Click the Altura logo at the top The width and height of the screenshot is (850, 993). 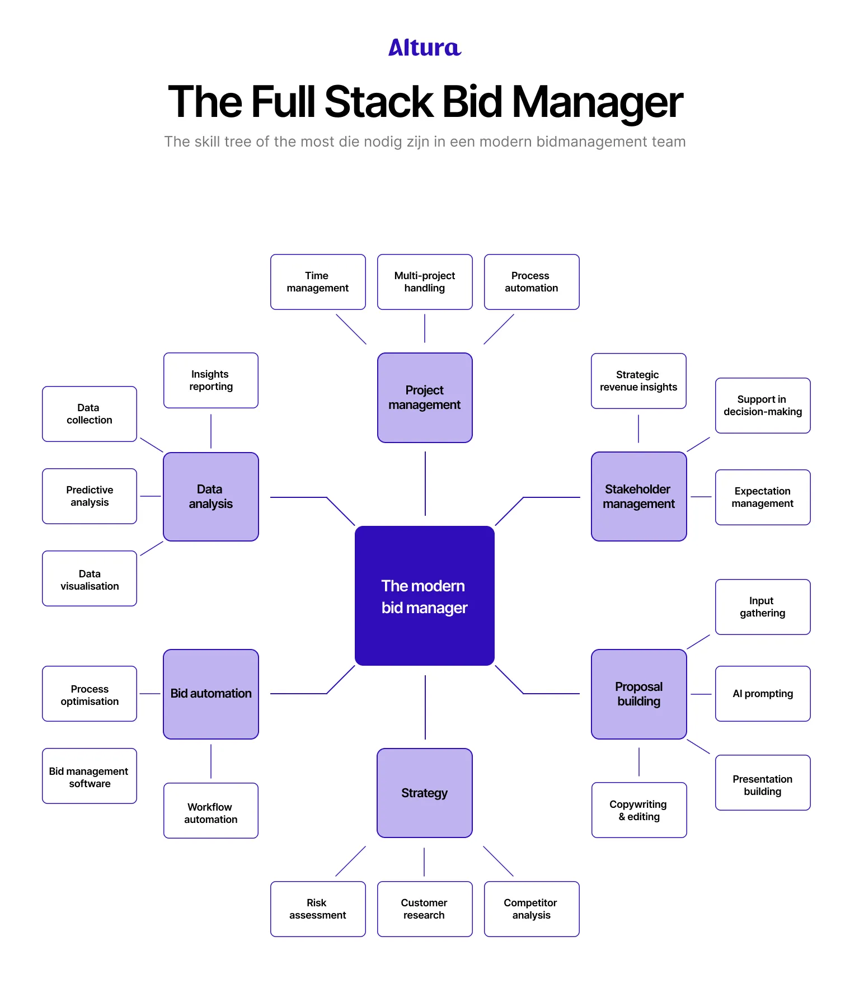tap(425, 48)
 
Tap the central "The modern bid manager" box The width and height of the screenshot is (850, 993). tap(425, 596)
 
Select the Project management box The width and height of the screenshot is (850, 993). tap(425, 397)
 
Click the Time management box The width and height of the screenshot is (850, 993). tap(318, 282)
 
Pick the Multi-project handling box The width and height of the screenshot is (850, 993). tap(425, 282)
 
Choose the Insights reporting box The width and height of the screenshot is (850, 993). tap(211, 380)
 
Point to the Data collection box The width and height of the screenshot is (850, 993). tap(90, 414)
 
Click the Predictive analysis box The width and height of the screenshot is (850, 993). tap(90, 496)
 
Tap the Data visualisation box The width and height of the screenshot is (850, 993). tap(90, 578)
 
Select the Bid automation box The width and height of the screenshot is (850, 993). tap(211, 694)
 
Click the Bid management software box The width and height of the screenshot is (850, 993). tap(90, 776)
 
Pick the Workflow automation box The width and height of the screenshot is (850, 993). tap(211, 811)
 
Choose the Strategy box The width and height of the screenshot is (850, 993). tap(425, 793)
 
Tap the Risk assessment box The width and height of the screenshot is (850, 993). tap(318, 909)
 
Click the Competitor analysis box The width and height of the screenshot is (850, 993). tap(532, 909)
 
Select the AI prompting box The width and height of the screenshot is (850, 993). tap(763, 694)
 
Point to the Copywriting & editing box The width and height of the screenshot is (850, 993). tap(639, 810)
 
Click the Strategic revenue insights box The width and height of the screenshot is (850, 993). tap(638, 381)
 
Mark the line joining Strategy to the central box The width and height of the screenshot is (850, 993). tap(425, 708)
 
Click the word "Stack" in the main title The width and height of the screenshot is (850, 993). tap(379, 102)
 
